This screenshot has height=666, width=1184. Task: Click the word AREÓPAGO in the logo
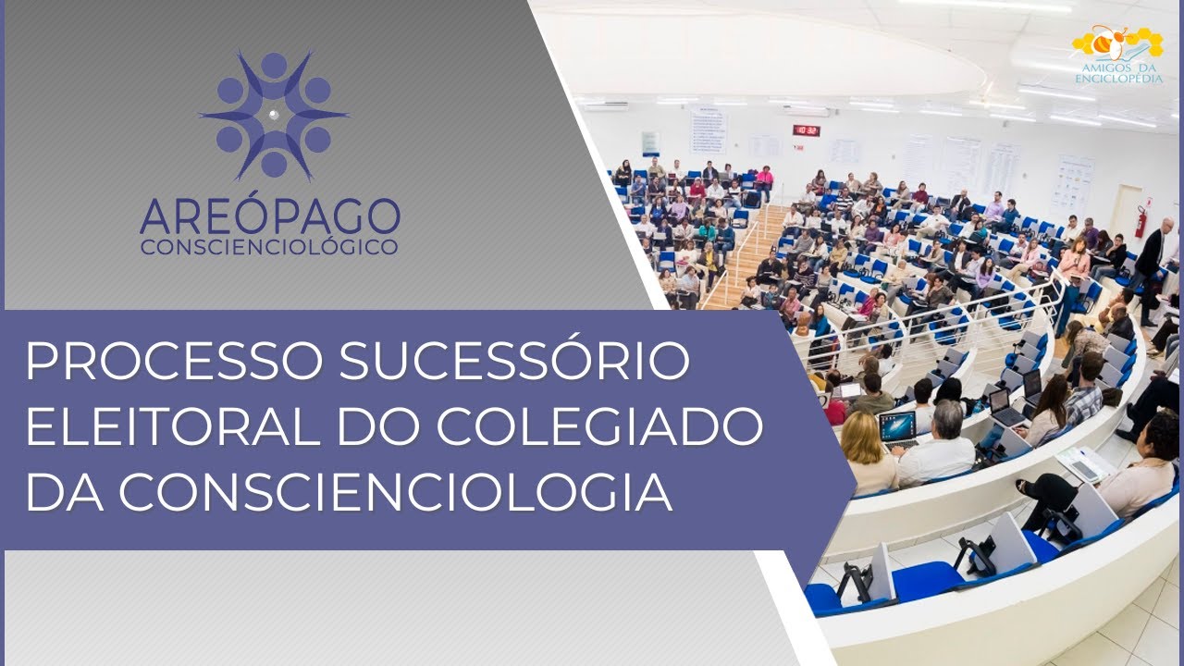pyautogui.click(x=270, y=216)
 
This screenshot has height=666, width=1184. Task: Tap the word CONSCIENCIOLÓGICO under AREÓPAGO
pyautogui.click(x=270, y=247)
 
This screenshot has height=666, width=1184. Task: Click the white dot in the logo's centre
pyautogui.click(x=274, y=114)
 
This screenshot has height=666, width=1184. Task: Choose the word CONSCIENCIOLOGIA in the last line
pyautogui.click(x=395, y=492)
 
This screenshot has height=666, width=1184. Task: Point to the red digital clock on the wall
pyautogui.click(x=806, y=130)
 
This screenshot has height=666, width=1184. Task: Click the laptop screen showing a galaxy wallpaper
pyautogui.click(x=896, y=425)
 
